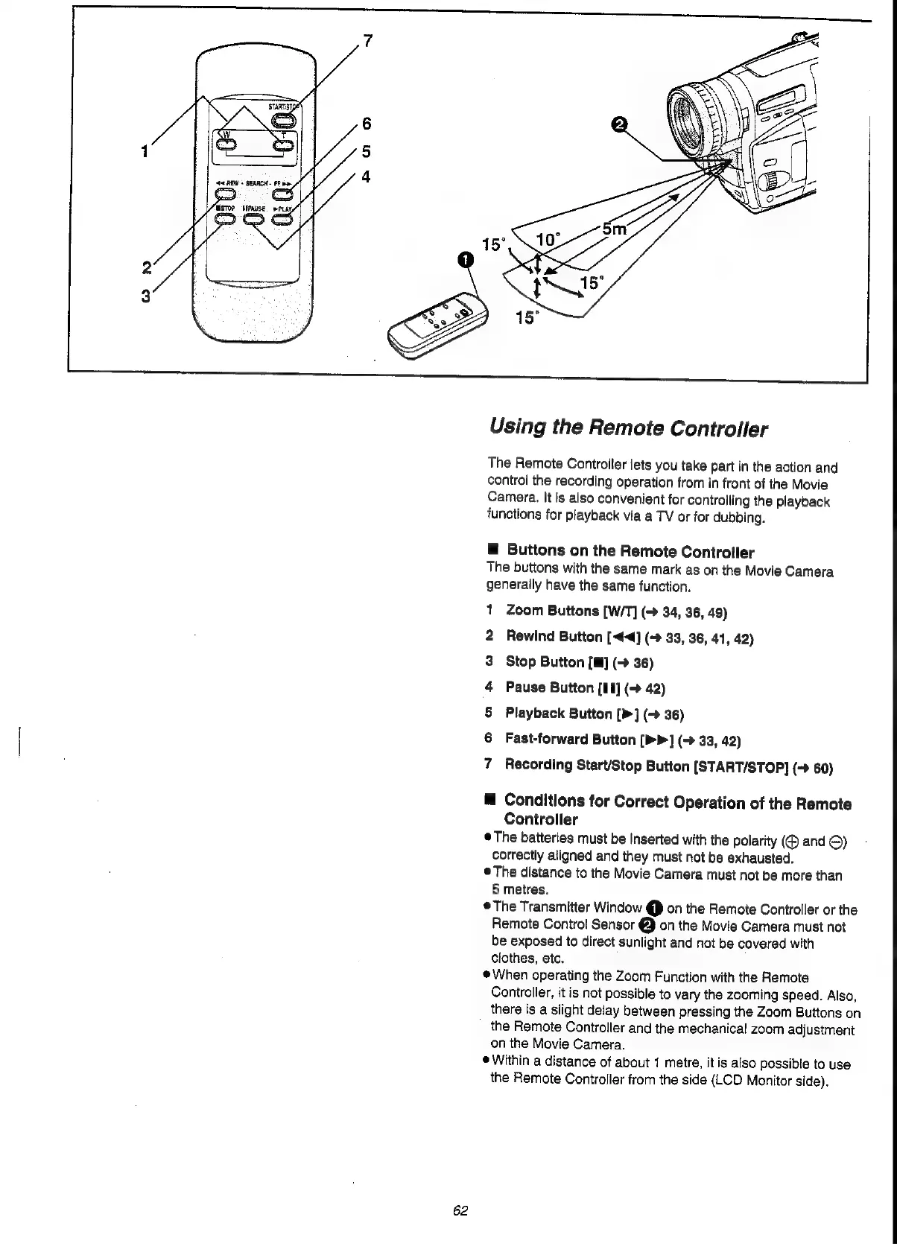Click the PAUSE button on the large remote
click(x=254, y=219)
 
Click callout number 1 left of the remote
click(x=143, y=151)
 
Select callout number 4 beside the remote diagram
click(x=366, y=177)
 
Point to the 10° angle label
click(x=548, y=240)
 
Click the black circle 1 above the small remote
click(x=465, y=259)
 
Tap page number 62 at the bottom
click(x=460, y=1210)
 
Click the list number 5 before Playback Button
click(x=489, y=713)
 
